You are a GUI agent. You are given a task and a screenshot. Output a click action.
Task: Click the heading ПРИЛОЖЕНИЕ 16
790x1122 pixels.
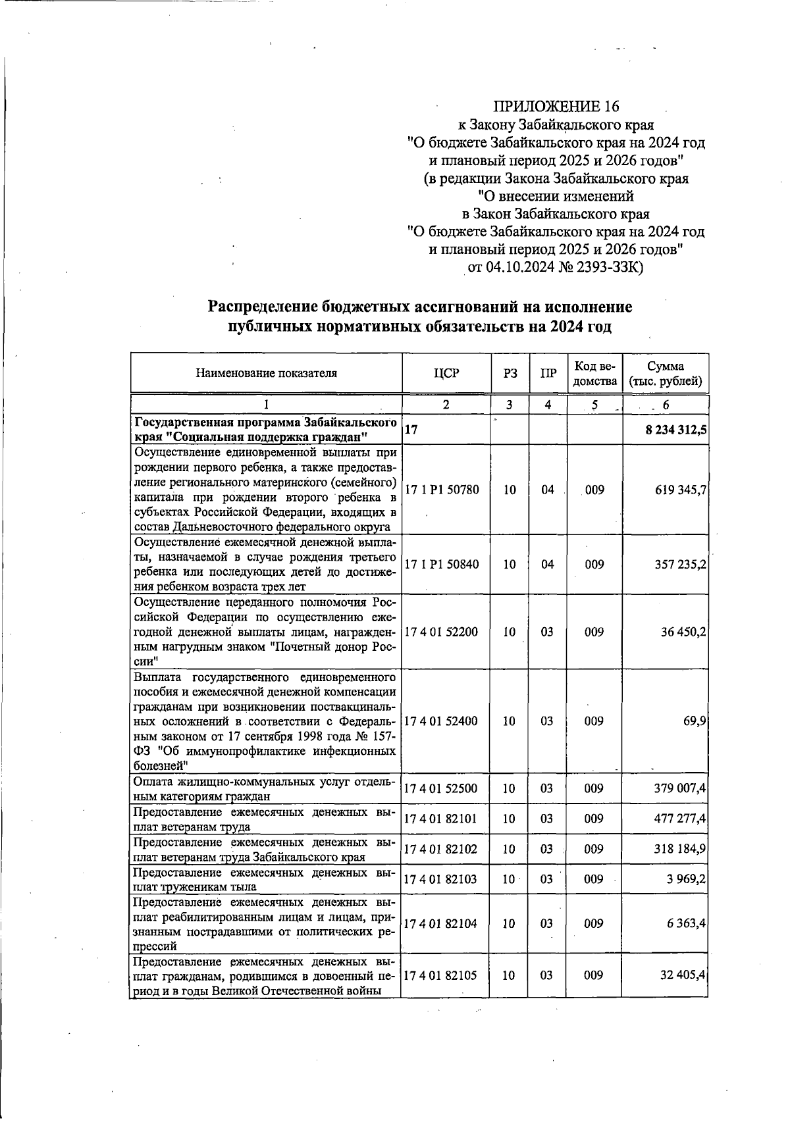point(557,106)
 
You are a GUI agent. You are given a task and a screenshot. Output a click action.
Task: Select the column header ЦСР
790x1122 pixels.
point(446,373)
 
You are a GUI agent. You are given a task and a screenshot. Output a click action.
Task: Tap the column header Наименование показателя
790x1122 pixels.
point(266,373)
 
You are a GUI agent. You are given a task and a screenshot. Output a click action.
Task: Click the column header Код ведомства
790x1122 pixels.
point(594,373)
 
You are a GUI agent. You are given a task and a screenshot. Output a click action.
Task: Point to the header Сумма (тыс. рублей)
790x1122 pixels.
point(665,373)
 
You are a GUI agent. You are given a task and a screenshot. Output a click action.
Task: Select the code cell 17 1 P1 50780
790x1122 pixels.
point(442,490)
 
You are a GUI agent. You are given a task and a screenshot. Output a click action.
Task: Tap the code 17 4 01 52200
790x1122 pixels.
point(442,632)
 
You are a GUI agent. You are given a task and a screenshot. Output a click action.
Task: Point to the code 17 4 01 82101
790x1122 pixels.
point(442,819)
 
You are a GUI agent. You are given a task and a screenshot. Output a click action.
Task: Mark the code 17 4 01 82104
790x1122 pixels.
point(442,923)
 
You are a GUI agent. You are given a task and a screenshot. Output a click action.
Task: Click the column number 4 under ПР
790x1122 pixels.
point(547,405)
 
